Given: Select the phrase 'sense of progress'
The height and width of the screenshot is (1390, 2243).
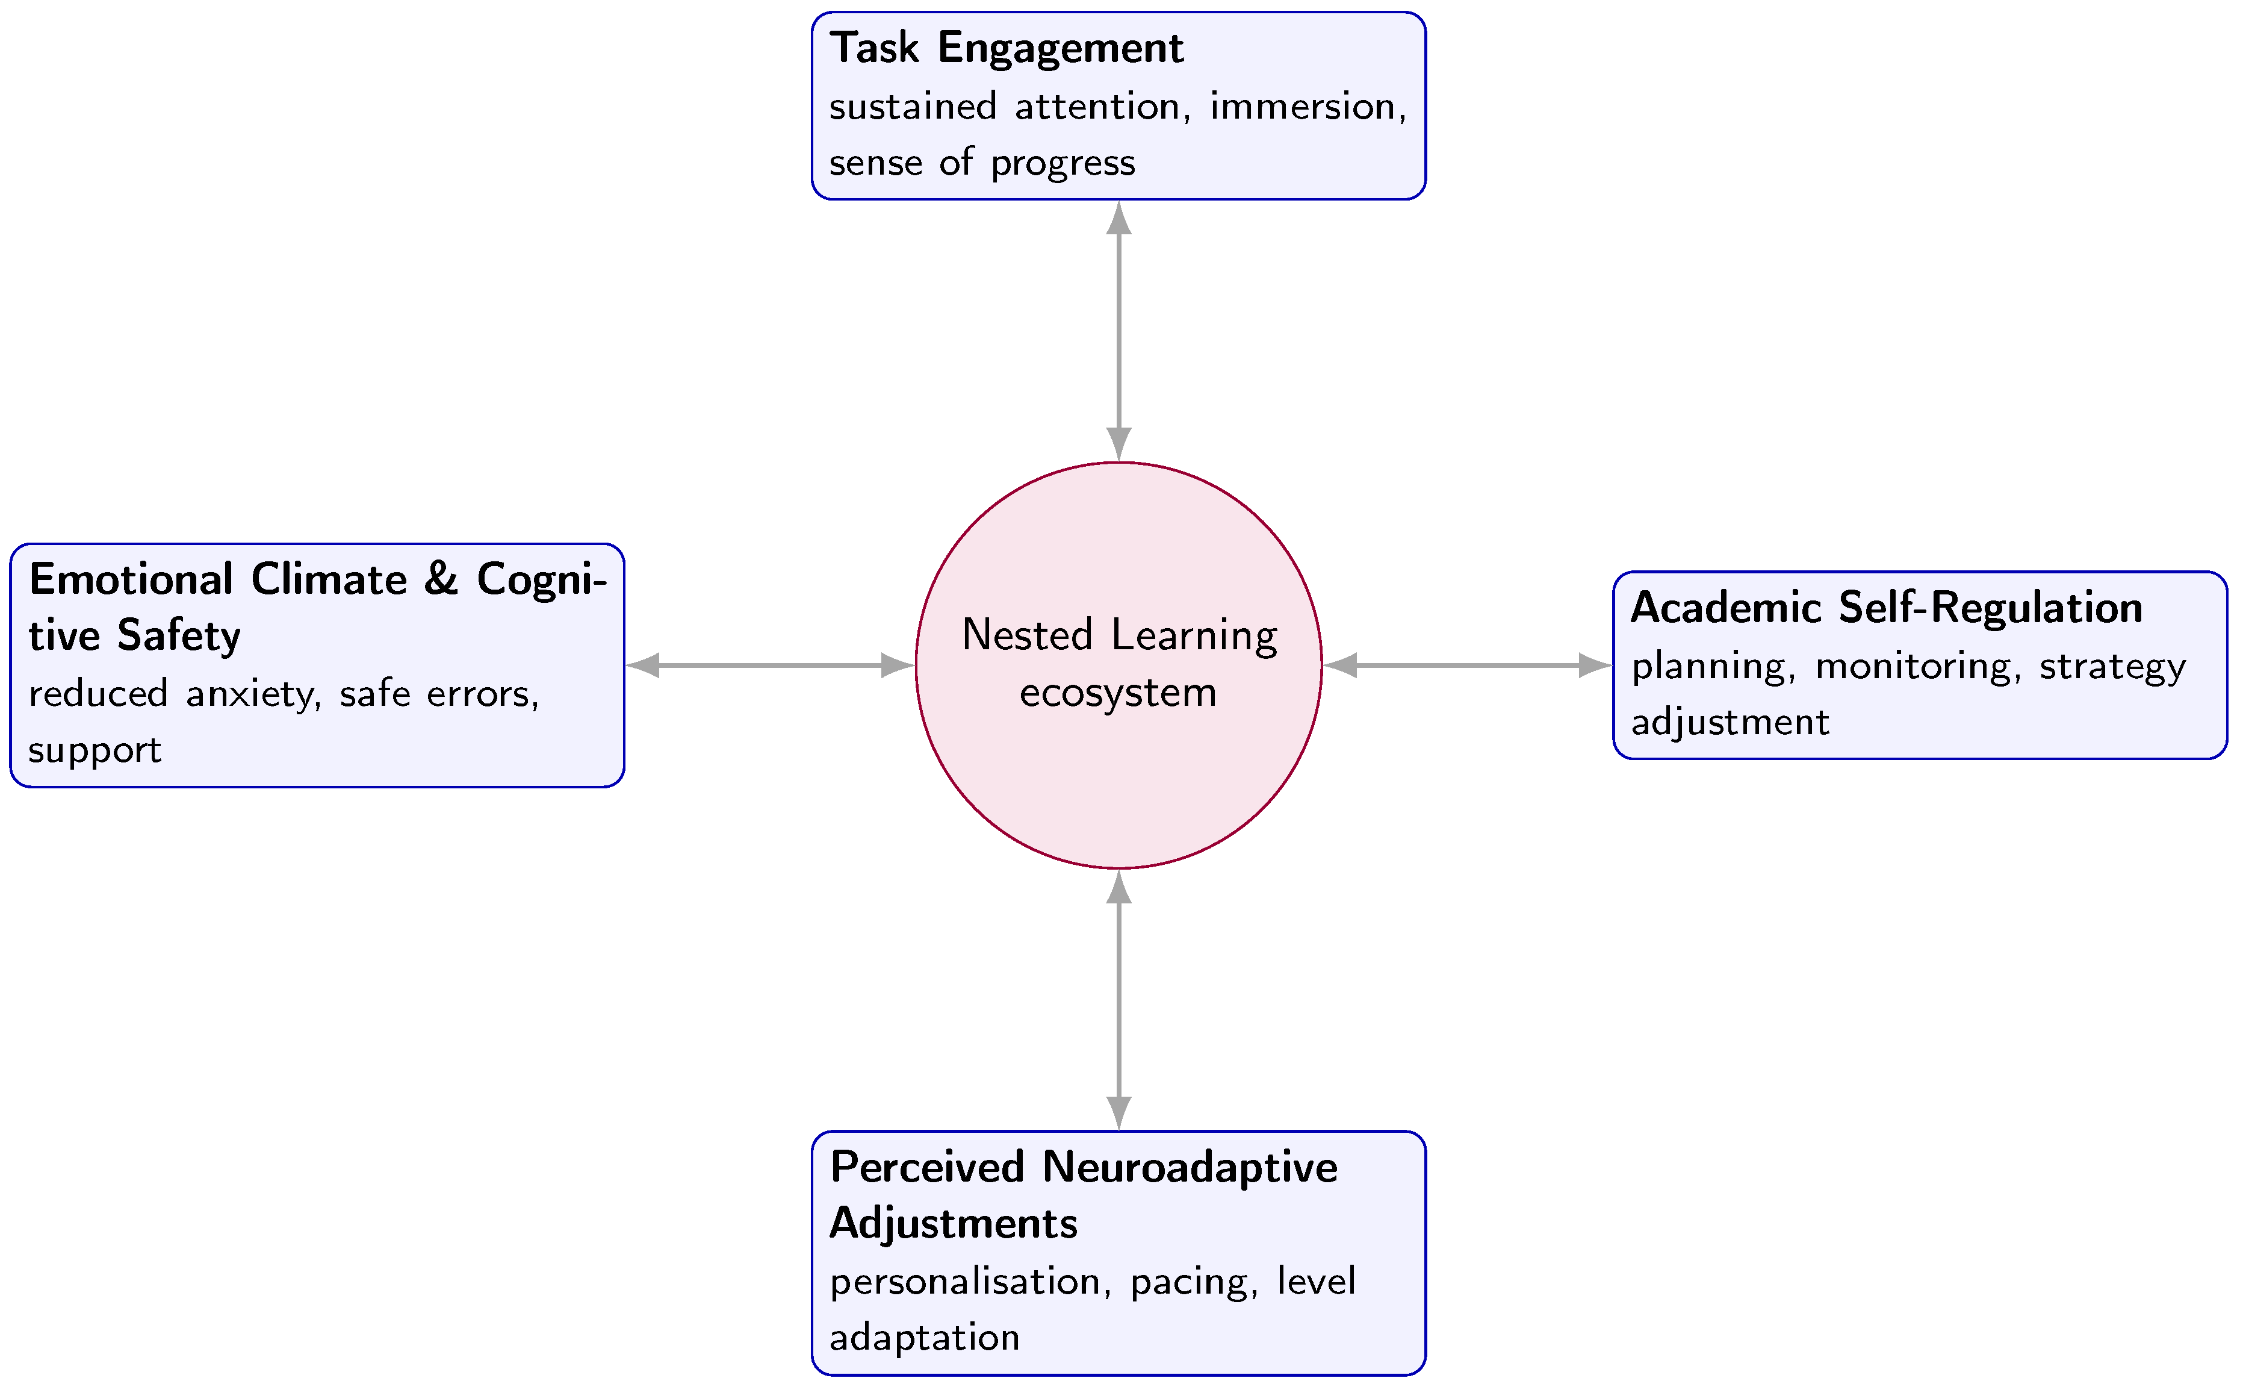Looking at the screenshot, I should click(981, 163).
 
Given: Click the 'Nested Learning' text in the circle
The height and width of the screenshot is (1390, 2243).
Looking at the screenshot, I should click(1118, 635).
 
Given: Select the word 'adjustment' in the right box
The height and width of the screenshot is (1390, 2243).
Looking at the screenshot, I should click(1730, 723).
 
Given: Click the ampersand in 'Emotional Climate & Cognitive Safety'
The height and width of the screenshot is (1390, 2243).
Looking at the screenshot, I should click(441, 579).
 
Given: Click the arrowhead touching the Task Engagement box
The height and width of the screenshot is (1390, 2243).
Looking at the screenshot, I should click(1118, 218).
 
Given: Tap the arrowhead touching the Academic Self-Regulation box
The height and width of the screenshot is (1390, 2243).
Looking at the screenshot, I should click(1594, 665).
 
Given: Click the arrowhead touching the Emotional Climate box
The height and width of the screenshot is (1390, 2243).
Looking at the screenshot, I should click(643, 665).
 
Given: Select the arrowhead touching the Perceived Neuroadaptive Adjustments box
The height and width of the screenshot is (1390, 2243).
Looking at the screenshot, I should click(1118, 1112).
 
